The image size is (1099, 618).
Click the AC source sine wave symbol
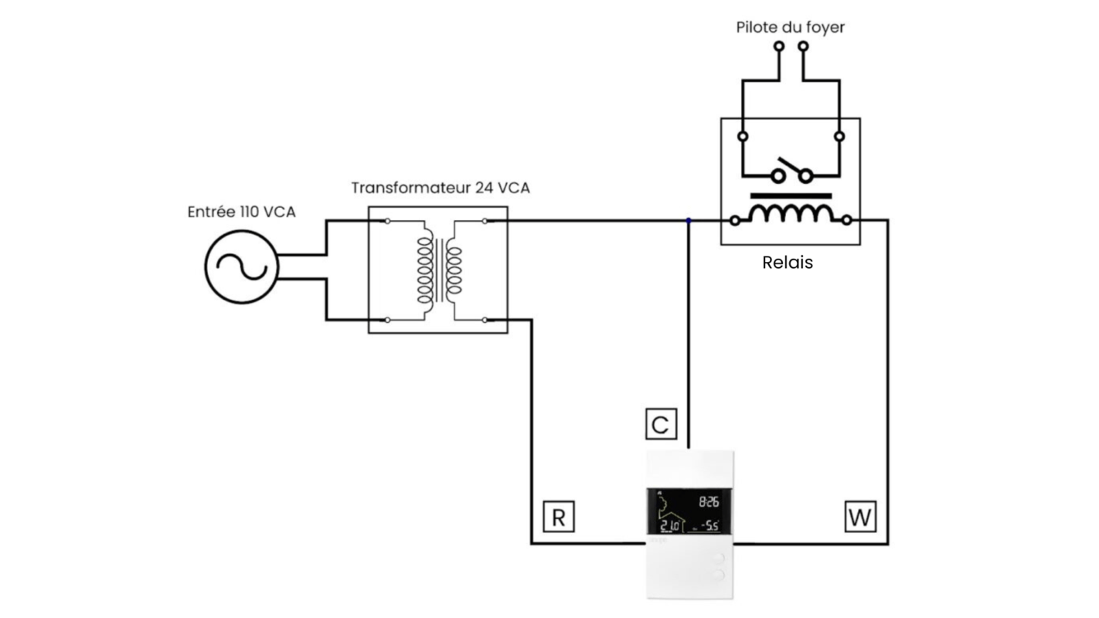tap(242, 267)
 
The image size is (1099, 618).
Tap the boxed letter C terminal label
tap(661, 424)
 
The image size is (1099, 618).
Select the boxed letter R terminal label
tap(558, 517)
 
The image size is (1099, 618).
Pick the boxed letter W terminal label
tap(860, 517)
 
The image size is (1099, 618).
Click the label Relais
tap(788, 263)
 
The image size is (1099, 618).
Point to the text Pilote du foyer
tap(791, 27)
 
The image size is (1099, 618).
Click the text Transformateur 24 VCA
tap(441, 188)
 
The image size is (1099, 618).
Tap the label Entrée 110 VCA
tap(241, 212)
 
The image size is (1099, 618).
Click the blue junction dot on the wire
tap(689, 221)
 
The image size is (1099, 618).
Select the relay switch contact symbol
tap(792, 171)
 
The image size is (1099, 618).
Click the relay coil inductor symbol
tap(791, 214)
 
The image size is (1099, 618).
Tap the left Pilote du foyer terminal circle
tap(778, 46)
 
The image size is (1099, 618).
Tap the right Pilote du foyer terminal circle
tap(803, 46)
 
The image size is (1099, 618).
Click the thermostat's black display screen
tap(689, 511)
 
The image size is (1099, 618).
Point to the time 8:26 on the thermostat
tap(709, 502)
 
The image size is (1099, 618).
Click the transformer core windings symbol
tap(440, 270)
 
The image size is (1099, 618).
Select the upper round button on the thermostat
tap(718, 559)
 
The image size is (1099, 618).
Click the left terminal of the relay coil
tap(734, 221)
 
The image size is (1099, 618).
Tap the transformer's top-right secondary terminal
tap(485, 221)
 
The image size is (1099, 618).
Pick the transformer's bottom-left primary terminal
tap(388, 320)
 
